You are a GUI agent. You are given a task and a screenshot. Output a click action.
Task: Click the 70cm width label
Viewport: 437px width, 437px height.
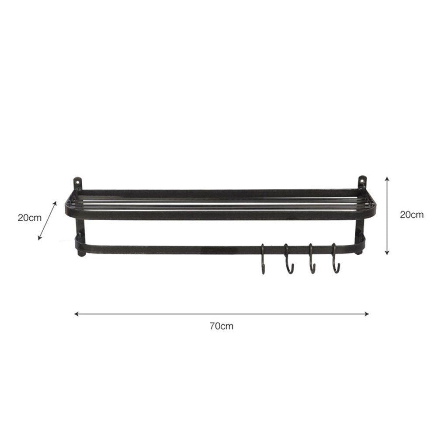coord(222,326)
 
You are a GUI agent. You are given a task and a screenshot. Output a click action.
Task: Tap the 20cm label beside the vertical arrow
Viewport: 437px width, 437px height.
coord(412,215)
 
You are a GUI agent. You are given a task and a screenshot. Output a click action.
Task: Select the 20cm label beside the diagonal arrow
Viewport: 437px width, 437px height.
coord(30,218)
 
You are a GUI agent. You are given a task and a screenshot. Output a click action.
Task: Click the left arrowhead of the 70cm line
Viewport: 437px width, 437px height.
coord(76,314)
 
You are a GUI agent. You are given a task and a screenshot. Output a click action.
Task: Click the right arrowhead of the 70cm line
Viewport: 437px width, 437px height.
coord(367,314)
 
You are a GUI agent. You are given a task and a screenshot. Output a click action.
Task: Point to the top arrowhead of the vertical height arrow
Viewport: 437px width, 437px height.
coord(387,178)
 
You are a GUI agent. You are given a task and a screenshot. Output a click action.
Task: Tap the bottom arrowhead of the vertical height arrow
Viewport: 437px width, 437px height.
coord(387,253)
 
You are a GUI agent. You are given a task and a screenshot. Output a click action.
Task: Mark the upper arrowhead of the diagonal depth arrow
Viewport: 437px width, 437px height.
coord(55,204)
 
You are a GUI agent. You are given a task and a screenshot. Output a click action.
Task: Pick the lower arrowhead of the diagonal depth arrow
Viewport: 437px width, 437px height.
coord(40,238)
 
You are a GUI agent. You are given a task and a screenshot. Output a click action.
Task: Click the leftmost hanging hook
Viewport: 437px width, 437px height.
coord(263,259)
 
